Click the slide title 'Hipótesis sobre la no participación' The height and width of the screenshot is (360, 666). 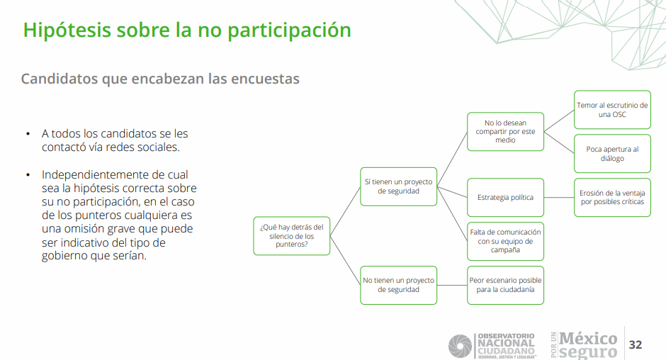[187, 30]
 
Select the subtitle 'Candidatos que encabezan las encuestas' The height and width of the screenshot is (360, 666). [160, 79]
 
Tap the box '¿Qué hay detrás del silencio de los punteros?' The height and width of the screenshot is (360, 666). [292, 236]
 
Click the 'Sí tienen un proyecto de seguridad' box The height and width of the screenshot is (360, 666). [398, 186]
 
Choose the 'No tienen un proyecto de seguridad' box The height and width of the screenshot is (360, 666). [398, 285]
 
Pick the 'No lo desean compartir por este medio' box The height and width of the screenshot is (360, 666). [505, 132]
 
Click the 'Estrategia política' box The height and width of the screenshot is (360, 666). [505, 198]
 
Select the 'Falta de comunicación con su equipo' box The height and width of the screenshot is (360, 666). [505, 242]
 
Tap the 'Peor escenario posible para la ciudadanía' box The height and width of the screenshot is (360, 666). [505, 285]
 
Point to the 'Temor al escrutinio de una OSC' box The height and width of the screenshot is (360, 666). [612, 110]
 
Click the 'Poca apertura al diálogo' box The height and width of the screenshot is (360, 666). [612, 154]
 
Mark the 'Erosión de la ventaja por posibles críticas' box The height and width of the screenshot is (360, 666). [612, 198]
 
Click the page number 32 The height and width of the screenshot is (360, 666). [636, 344]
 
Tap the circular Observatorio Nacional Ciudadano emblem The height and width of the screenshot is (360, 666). [460, 346]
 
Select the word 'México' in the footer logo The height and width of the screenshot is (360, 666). [588, 339]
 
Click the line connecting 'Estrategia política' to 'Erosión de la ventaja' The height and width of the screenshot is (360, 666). [559, 198]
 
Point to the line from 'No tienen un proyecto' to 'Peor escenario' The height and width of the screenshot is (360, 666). [452, 285]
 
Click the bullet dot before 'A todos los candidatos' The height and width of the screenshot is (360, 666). [28, 134]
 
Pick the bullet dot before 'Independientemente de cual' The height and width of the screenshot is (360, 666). [28, 175]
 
